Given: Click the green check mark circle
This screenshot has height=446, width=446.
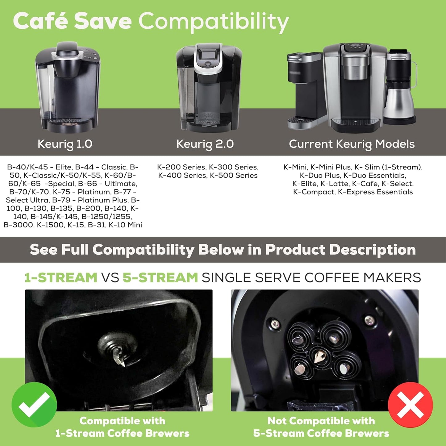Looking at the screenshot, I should click(34, 404).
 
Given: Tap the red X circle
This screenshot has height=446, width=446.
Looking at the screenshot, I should click(410, 405).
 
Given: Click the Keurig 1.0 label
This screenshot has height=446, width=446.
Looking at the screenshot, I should click(65, 144).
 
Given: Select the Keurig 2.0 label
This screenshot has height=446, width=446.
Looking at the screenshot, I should click(205, 144).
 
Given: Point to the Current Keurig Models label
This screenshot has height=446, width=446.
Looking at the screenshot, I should click(352, 144).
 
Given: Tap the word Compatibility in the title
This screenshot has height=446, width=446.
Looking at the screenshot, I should click(213, 22).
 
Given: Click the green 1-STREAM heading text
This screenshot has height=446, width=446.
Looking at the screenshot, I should click(61, 277).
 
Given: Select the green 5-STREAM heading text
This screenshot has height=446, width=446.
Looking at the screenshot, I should click(160, 277).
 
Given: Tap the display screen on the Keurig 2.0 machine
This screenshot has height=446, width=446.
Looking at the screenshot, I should click(206, 56).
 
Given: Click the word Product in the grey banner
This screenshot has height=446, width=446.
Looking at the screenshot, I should click(295, 250).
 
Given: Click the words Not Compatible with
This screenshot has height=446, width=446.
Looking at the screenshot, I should click(321, 421).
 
